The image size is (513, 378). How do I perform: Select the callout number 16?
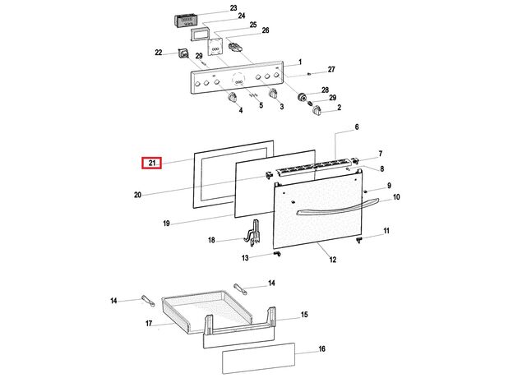click(322, 349)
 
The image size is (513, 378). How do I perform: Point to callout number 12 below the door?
click(333, 260)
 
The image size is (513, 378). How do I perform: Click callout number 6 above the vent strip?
click(357, 127)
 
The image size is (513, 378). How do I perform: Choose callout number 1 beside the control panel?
click(300, 62)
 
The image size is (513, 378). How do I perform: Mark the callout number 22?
click(159, 53)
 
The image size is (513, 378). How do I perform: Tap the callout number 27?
click(332, 69)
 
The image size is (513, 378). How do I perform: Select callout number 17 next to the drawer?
click(150, 324)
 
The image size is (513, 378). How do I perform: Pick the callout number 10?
click(396, 197)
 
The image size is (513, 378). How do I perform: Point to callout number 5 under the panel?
click(261, 106)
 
